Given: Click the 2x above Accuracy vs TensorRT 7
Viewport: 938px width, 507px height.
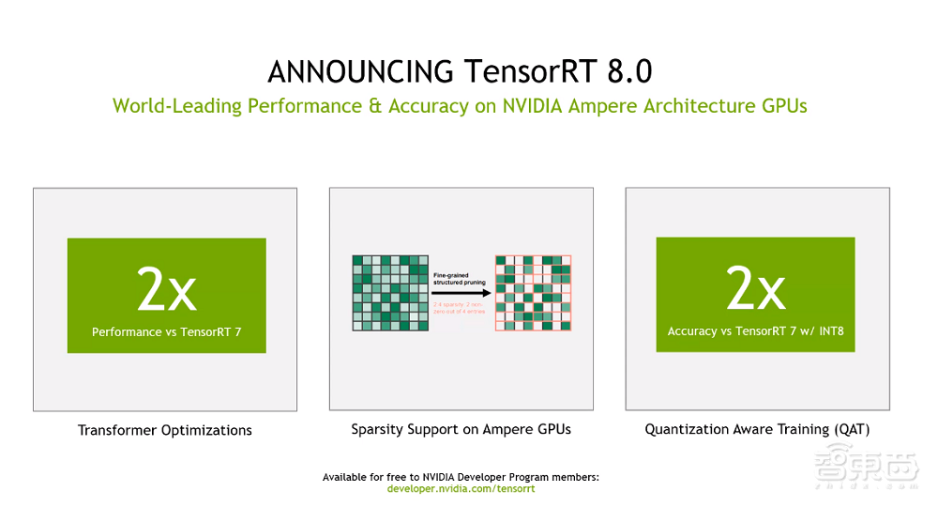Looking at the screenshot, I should coord(755,291).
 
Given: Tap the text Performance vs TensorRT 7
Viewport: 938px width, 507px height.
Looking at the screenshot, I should coord(166,331).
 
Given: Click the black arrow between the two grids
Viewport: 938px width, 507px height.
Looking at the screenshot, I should coord(461,292).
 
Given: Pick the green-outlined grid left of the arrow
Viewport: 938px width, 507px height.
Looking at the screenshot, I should coord(390,292).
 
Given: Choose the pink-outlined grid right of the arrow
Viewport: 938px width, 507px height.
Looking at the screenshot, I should coord(533,292).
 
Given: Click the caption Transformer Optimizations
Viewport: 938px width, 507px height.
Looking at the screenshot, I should coord(165,430).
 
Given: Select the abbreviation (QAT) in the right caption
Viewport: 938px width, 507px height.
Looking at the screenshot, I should coord(849,429).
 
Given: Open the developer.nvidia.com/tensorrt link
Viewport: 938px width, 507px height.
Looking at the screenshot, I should coord(461,488).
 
